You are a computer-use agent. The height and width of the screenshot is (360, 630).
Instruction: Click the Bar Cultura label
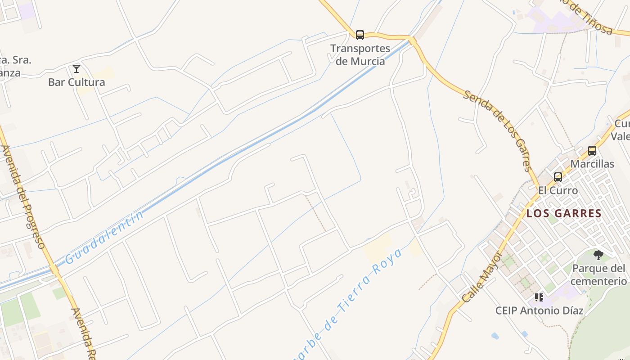pos(76,82)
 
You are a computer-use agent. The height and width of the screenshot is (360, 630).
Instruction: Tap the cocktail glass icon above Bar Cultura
pos(76,69)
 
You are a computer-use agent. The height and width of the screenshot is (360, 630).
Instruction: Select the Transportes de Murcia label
pos(360,54)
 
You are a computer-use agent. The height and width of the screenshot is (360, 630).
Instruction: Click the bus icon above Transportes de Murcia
pos(360,35)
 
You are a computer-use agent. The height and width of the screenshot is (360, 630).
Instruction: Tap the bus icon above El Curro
pos(558,177)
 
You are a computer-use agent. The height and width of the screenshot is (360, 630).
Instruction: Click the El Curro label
pos(558,190)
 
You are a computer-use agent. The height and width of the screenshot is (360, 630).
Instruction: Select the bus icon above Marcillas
pos(592,151)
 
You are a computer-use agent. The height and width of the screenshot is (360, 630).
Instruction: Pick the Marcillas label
pos(592,164)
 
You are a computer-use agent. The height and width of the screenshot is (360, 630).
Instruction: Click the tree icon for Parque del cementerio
pos(598,255)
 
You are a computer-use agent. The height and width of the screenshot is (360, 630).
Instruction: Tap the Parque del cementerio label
pos(599,275)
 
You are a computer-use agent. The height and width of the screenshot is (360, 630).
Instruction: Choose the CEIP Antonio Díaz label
pos(539,310)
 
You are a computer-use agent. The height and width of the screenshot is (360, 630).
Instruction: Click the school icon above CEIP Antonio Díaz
pos(539,297)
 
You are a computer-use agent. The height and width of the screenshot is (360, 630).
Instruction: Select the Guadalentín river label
pos(104,237)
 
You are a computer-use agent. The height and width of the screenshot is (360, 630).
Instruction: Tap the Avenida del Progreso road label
pos(23,197)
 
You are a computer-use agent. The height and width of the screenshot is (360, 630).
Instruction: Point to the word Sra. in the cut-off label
pos(22,60)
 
